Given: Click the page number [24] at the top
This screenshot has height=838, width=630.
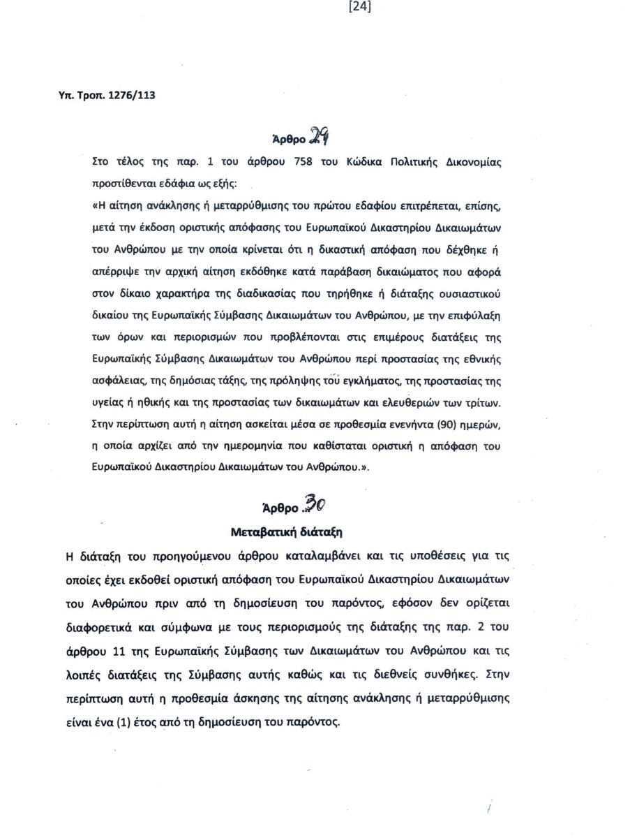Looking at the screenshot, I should click(x=359, y=7).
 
